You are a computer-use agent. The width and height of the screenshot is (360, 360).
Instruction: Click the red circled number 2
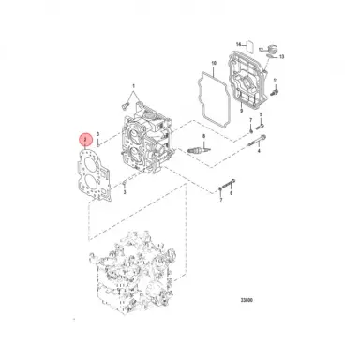[86, 139]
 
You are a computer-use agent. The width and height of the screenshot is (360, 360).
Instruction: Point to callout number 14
[239, 44]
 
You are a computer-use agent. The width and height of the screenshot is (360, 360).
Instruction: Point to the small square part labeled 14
[247, 44]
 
